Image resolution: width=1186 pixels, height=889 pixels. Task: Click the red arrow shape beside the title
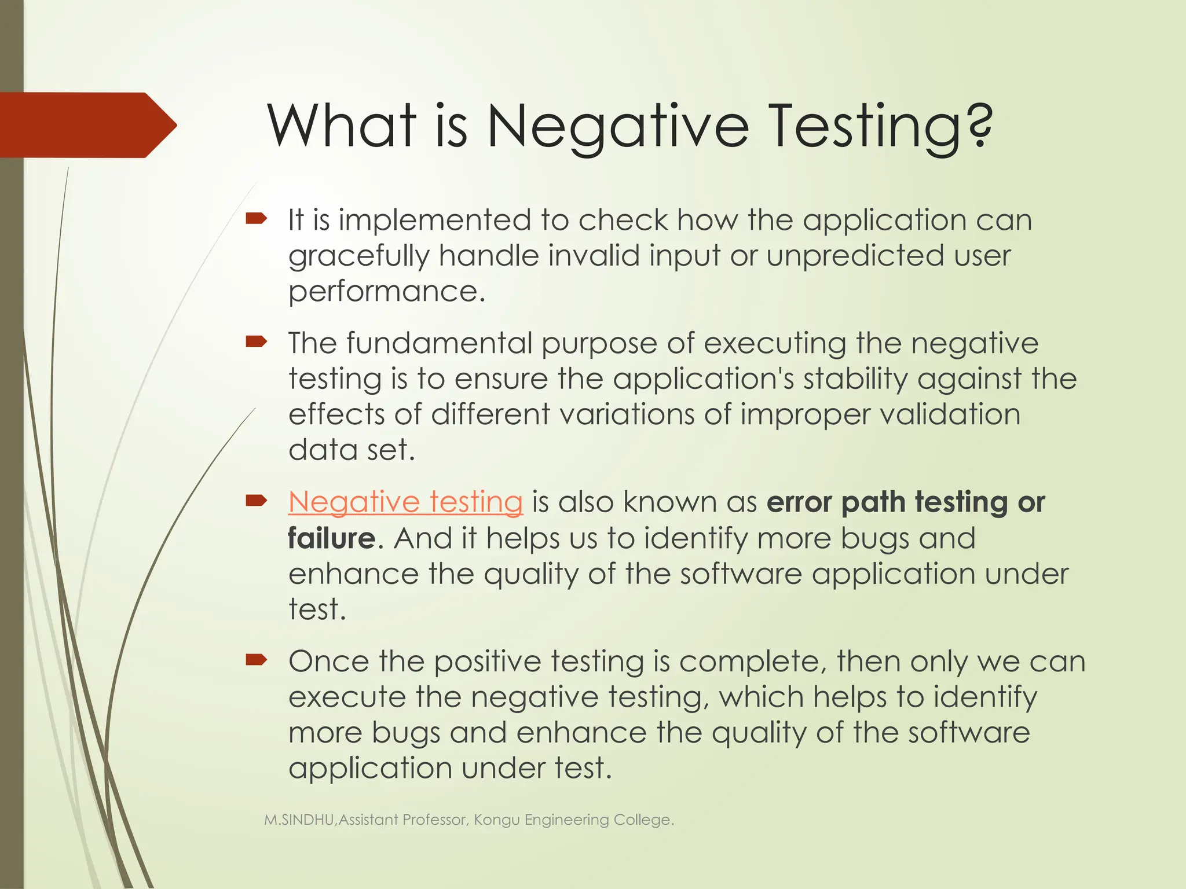[x=87, y=125]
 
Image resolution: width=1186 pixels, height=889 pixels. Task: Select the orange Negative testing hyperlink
[x=405, y=502]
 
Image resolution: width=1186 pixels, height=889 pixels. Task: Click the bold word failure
[x=332, y=538]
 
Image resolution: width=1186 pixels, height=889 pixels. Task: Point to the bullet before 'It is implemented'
[x=256, y=219]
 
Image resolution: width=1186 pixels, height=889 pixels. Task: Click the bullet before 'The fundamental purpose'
[x=256, y=342]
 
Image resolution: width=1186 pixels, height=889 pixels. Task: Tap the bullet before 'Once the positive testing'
[x=256, y=660]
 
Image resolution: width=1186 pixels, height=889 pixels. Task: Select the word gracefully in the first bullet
[x=359, y=256]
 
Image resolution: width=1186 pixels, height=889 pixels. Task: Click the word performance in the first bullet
[x=386, y=291]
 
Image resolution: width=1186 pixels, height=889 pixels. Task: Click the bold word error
[x=799, y=502]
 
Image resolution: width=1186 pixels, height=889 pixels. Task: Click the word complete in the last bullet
[x=753, y=662]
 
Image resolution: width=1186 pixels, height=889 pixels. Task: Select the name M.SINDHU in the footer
[x=299, y=820]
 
